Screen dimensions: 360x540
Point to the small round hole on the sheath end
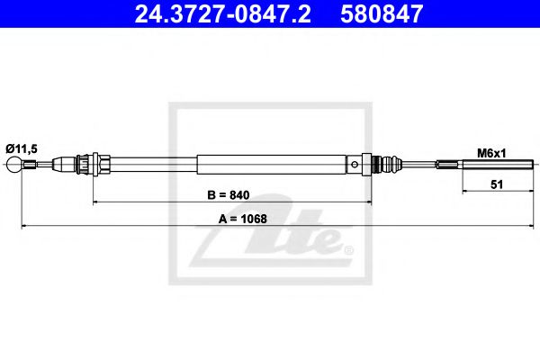pyautogui.click(x=358, y=164)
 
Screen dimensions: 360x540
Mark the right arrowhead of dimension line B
pyautogui.click(x=367, y=202)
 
